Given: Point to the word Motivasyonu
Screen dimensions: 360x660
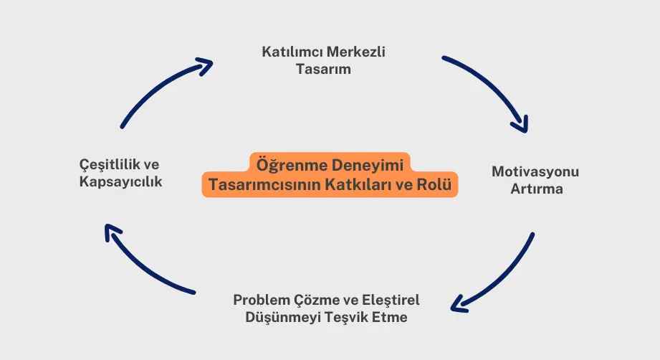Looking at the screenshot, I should (x=535, y=172).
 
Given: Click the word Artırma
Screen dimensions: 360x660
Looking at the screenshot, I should (x=536, y=190).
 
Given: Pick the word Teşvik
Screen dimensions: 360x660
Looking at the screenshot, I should (x=346, y=317).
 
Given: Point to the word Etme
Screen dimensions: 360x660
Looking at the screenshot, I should (x=391, y=317).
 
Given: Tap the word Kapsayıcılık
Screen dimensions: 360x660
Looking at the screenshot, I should (x=120, y=182).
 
